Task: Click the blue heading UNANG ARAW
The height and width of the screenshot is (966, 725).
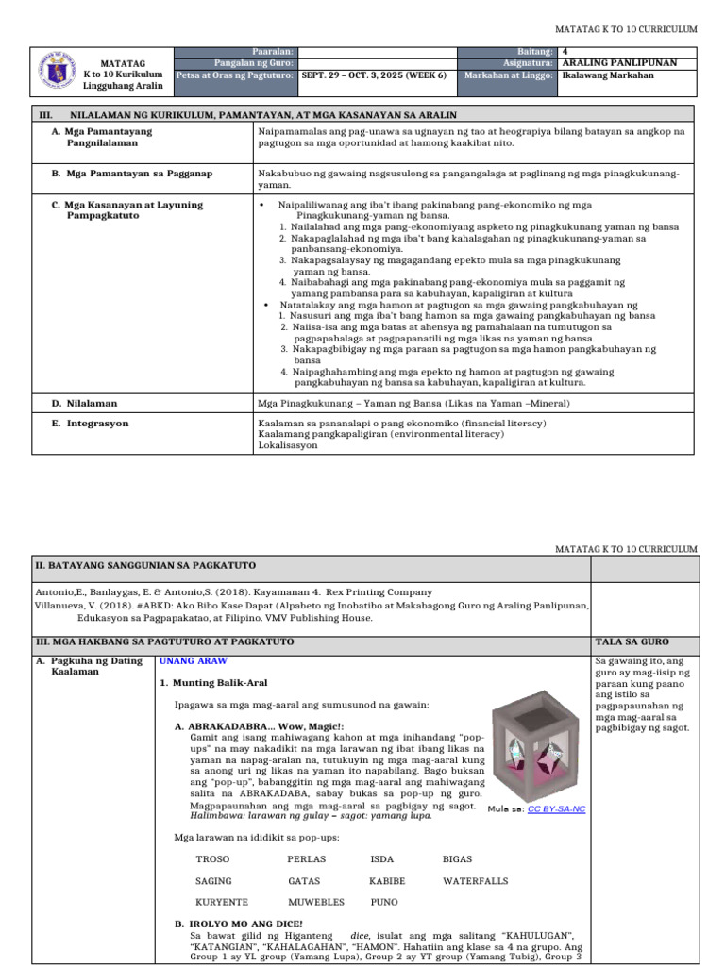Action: [x=194, y=661]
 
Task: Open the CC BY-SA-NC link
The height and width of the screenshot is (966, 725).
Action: [x=556, y=808]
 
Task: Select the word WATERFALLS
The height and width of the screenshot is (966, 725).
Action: [x=475, y=881]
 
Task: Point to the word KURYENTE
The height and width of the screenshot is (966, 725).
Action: [x=222, y=902]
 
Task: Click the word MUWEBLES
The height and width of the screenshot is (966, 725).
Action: [x=315, y=902]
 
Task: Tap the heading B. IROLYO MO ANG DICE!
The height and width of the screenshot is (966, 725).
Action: [x=240, y=924]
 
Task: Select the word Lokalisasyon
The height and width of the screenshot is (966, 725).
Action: [x=288, y=445]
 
